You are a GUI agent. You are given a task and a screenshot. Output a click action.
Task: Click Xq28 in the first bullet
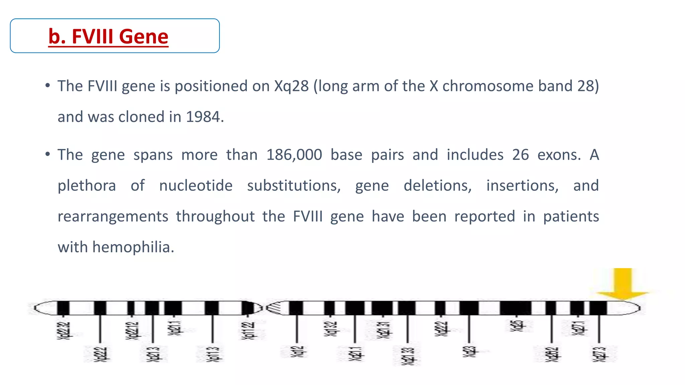pos(291,86)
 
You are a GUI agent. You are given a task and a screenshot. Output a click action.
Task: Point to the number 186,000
pos(294,155)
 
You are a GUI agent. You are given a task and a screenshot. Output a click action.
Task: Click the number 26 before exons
pos(520,155)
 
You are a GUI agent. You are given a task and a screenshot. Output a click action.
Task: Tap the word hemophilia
pos(133,248)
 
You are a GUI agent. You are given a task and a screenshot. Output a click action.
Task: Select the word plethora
pos(87,186)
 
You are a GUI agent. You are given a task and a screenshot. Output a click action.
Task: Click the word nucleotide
pos(196,186)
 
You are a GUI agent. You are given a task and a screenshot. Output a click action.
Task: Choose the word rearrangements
pos(113,217)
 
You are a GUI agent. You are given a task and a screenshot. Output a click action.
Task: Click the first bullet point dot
pos(48,86)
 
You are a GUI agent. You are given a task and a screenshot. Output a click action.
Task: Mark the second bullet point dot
pos(48,155)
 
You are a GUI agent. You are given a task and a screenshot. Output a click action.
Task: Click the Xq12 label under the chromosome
pos(297,352)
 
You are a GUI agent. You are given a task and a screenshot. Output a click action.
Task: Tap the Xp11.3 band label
pos(213,354)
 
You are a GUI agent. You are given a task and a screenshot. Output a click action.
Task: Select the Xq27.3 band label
pos(599,354)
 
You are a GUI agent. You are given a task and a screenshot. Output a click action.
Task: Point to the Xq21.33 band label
pos(407,356)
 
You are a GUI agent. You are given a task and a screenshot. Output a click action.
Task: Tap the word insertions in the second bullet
pos(522,186)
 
